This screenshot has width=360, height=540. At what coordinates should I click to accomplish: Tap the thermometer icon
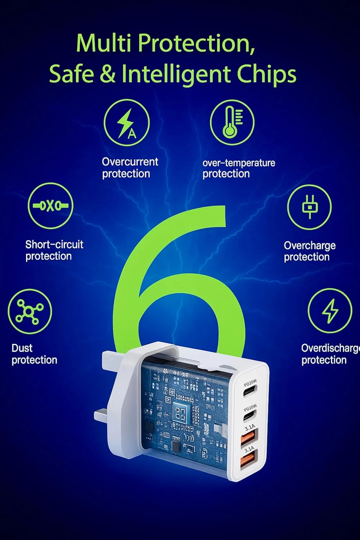[x=232, y=122]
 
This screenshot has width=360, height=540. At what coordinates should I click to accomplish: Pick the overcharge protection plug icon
[x=309, y=207]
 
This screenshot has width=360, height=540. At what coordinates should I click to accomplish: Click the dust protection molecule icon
[x=30, y=311]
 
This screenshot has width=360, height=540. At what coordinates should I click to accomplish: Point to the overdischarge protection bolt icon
[x=330, y=311]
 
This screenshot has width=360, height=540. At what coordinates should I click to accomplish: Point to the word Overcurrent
[x=130, y=162]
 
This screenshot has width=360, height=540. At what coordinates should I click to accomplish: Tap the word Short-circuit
[x=54, y=244]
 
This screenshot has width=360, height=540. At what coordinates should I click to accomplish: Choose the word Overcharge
[x=310, y=246]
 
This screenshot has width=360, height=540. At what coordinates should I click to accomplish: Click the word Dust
[x=22, y=348]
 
